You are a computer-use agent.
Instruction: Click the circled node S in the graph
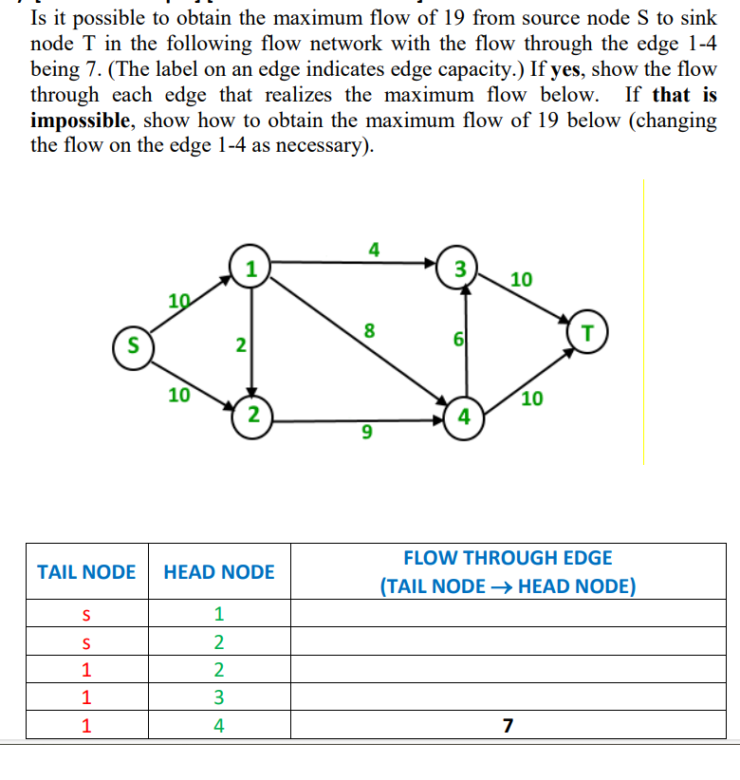point(134,342)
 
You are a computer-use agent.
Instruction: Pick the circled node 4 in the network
point(464,415)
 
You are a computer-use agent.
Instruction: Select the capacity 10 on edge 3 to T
point(521,279)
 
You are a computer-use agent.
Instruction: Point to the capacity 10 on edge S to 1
point(178,301)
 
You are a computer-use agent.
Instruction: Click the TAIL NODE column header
point(86,571)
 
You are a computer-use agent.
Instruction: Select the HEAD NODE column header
point(219,571)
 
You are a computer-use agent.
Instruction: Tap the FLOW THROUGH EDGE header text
point(508,558)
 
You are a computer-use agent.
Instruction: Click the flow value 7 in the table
point(508,726)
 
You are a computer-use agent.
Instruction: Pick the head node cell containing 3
point(219,697)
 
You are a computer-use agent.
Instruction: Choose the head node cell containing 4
point(219,726)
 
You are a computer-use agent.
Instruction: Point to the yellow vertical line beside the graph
point(643,323)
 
